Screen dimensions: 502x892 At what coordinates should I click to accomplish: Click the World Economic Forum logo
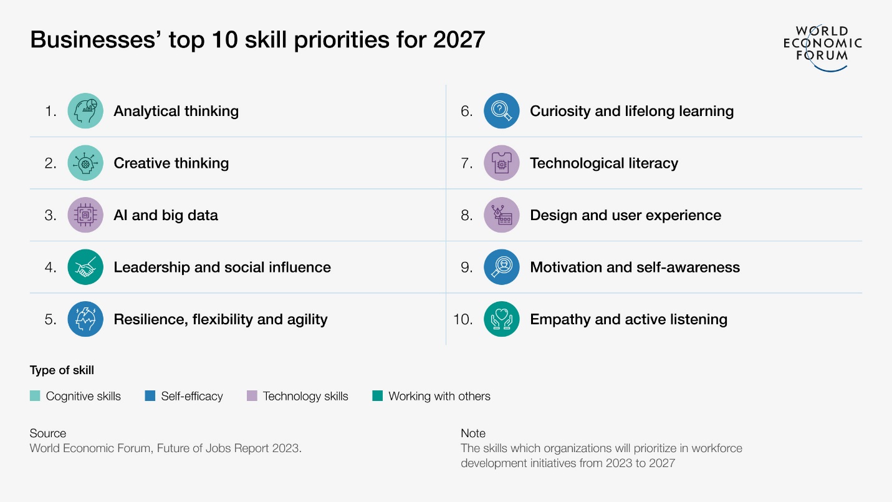[822, 46]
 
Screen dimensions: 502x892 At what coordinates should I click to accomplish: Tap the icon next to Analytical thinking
[85, 111]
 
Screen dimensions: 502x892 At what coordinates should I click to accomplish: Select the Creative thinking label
[171, 163]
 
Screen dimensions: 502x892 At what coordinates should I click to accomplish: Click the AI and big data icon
[85, 215]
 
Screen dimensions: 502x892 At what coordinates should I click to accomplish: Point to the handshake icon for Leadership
[85, 267]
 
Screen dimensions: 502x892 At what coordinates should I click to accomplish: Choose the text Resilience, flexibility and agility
[220, 319]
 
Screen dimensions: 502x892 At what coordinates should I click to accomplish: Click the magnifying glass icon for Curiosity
[501, 111]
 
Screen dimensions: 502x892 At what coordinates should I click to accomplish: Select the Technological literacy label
[603, 163]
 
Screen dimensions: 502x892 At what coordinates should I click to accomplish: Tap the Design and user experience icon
[501, 215]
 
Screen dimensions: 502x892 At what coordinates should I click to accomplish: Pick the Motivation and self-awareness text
[635, 267]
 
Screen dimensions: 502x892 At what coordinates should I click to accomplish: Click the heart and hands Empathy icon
[501, 319]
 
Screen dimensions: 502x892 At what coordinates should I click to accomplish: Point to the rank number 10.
[463, 319]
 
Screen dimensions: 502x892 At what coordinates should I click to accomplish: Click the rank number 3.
[50, 215]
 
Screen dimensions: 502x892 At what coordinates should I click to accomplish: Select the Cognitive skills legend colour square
[35, 396]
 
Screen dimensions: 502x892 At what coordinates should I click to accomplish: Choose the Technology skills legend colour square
[252, 396]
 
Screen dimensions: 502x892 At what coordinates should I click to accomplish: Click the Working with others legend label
[439, 396]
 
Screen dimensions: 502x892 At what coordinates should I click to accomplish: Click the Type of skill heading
[62, 370]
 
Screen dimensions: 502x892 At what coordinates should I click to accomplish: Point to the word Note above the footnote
[473, 433]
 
